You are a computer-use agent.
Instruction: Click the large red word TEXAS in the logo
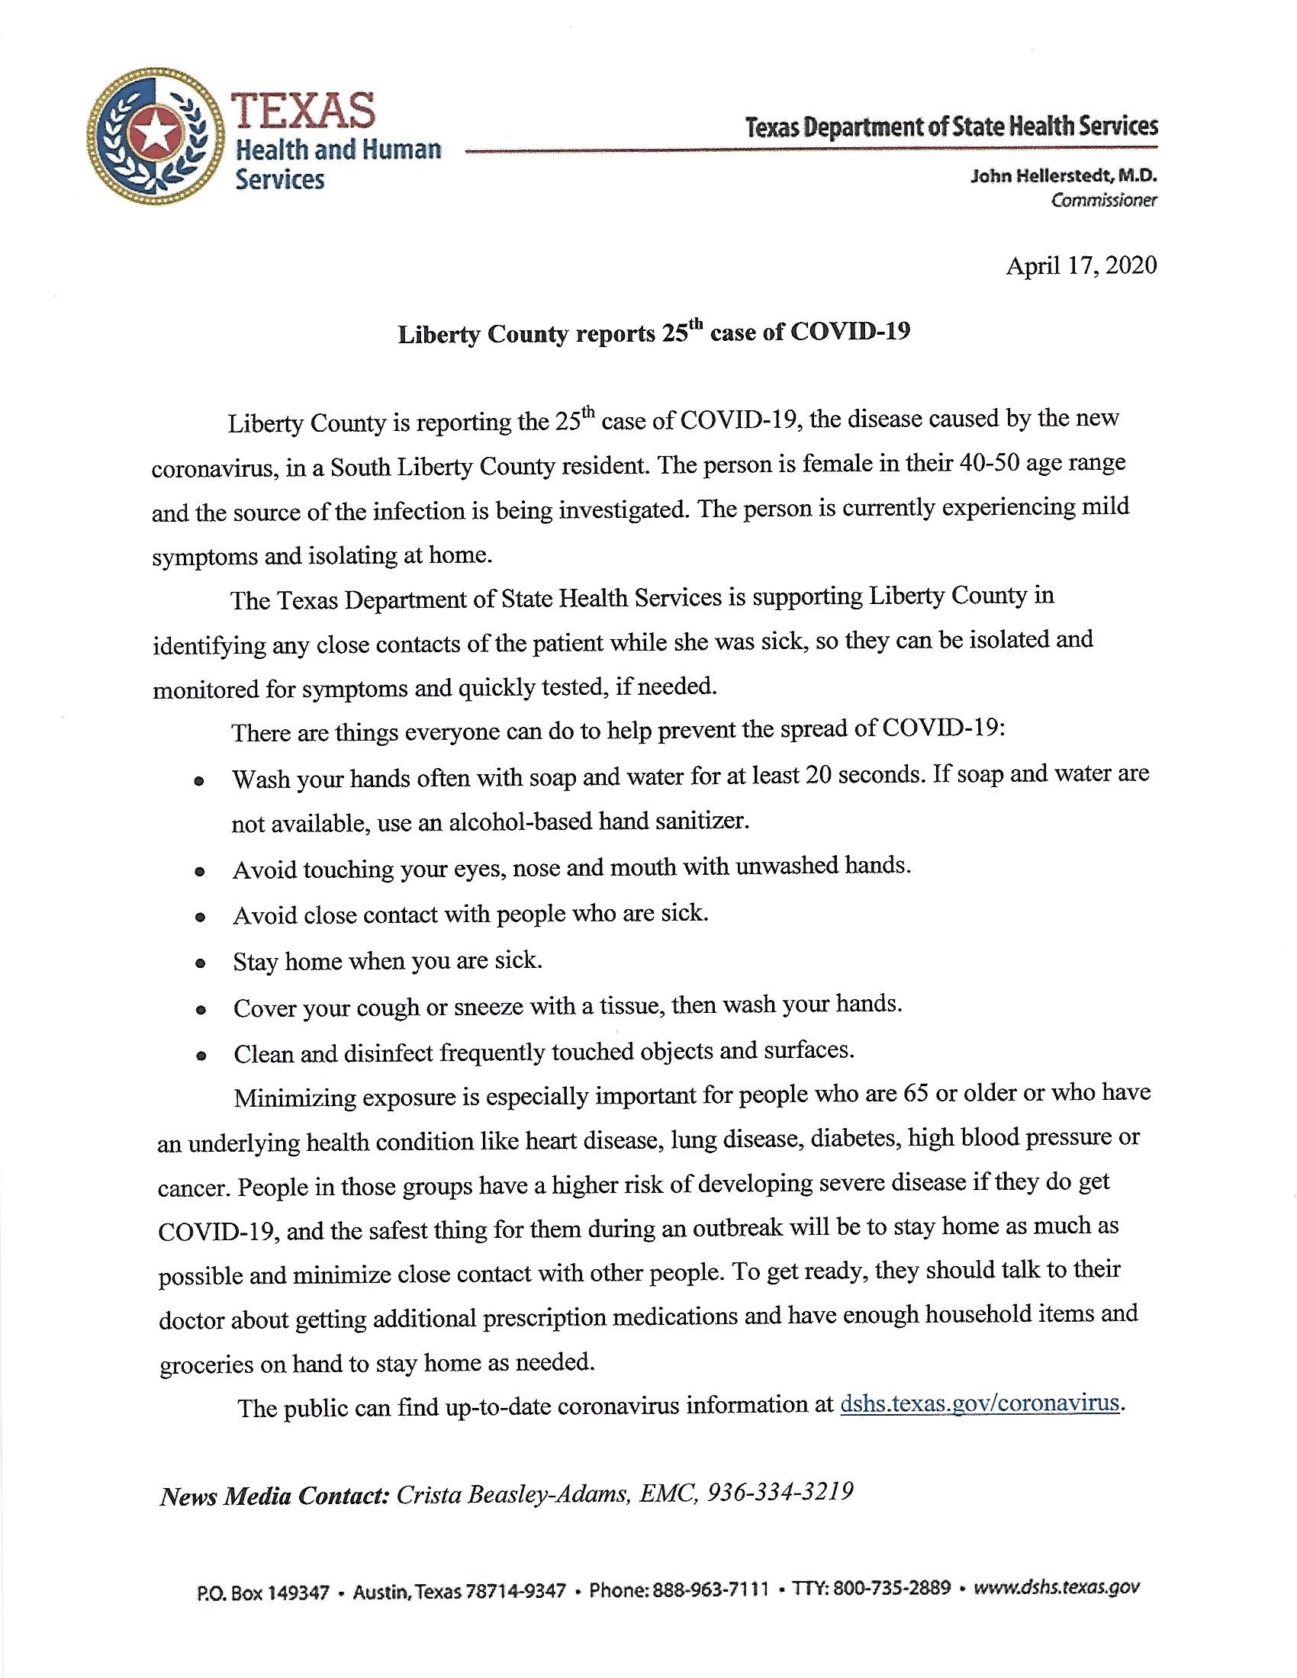[305, 110]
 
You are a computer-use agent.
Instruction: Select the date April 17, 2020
[1080, 266]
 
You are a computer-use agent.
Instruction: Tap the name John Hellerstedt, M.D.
[1064, 176]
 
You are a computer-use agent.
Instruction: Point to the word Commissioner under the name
[1104, 201]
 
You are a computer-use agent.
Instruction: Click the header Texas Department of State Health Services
[951, 126]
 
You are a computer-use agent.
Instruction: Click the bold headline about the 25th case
[653, 333]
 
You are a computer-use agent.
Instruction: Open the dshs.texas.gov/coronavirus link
[980, 1402]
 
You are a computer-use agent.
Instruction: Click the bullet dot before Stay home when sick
[200, 963]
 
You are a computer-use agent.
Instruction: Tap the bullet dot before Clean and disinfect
[201, 1056]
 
